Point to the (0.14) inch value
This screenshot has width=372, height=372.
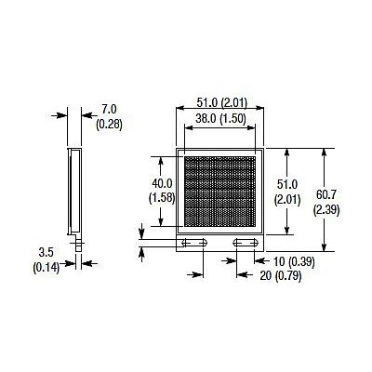point(46,267)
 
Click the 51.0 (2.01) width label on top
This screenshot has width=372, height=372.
point(222,103)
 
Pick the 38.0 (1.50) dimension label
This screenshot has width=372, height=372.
point(221,118)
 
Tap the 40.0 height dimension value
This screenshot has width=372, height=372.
point(162,182)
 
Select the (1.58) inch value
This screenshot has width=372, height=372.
point(162,196)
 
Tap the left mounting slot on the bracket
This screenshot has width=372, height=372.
point(196,243)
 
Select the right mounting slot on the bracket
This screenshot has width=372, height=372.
point(246,243)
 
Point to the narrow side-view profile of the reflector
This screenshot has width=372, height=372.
point(73,190)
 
